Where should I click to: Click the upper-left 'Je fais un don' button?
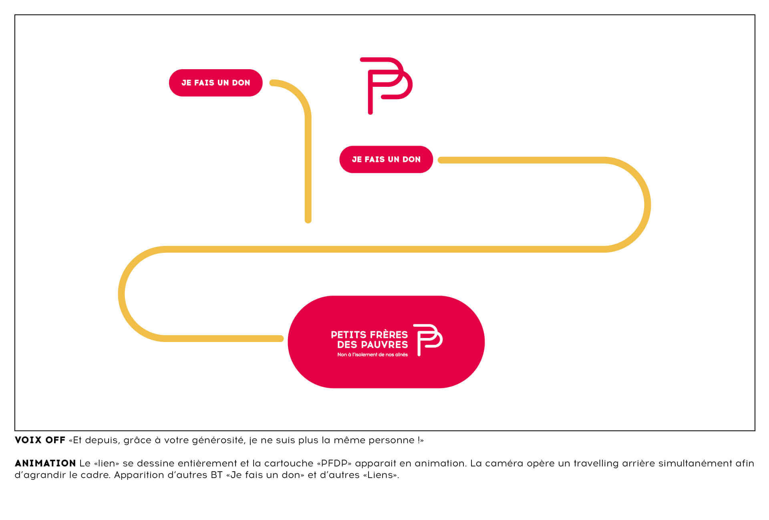point(215,83)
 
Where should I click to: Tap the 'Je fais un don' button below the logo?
point(386,160)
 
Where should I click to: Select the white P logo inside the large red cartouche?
point(427,340)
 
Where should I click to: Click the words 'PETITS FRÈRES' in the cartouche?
point(369,334)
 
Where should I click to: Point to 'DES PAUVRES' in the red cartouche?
point(372,344)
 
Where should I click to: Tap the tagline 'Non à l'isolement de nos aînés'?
point(372,355)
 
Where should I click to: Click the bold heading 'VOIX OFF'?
point(40,440)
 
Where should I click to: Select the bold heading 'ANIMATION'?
point(45,463)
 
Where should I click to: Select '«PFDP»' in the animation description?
point(334,463)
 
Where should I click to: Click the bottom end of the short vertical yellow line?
point(308,220)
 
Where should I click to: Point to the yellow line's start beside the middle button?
point(441,160)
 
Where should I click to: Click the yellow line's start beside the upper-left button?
point(273,83)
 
